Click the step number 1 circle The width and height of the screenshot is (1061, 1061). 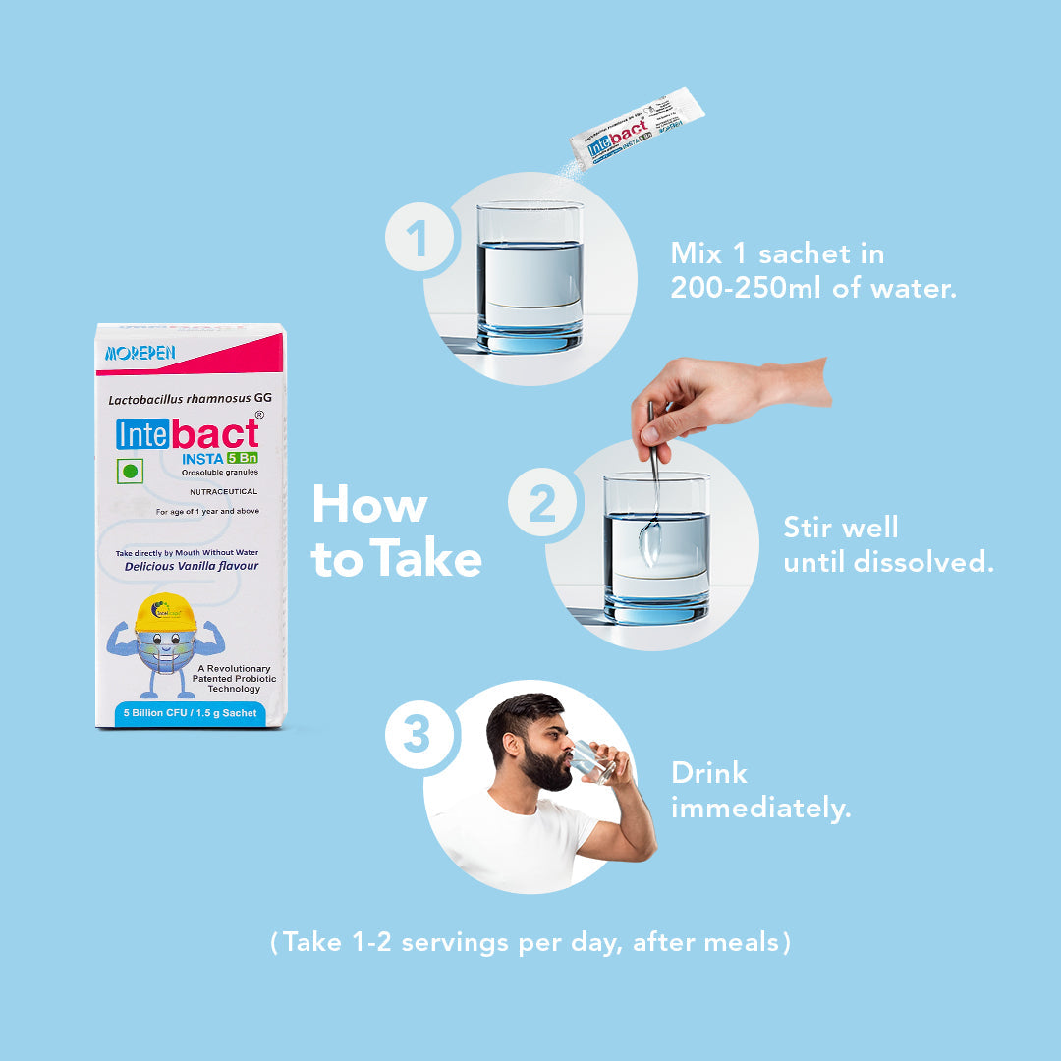(419, 240)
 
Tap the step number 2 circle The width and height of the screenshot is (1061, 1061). (542, 507)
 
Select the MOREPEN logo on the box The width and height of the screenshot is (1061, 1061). (140, 352)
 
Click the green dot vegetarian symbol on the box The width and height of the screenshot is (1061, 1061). (129, 470)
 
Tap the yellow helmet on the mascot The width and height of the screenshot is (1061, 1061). (165, 613)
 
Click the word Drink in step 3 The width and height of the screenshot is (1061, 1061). (708, 773)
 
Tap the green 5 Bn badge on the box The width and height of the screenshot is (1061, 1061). (242, 456)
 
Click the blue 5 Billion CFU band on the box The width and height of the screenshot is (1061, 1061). (191, 713)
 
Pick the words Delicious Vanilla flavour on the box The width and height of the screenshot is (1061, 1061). (190, 567)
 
